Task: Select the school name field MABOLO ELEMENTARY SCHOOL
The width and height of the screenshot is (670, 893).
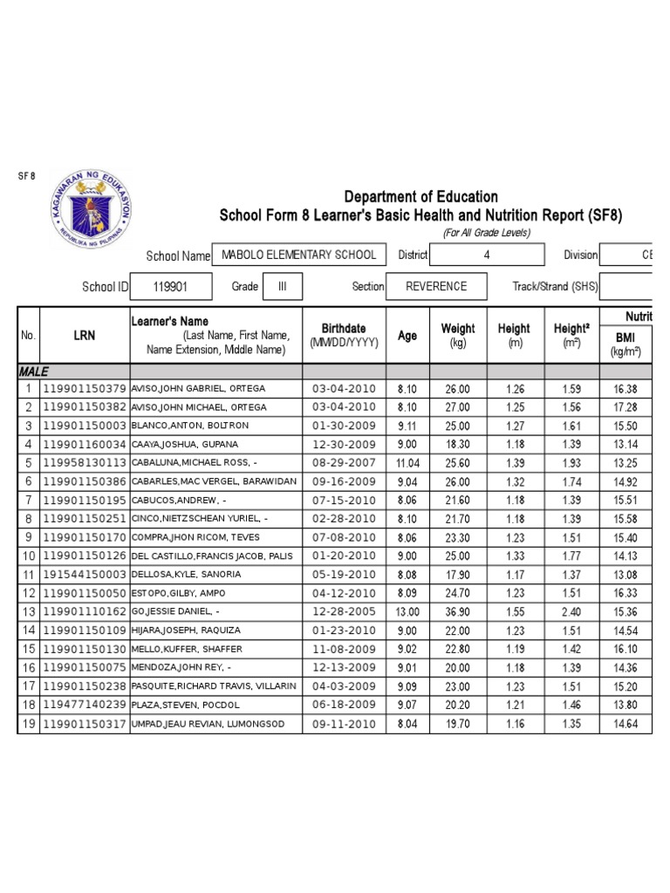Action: tap(299, 255)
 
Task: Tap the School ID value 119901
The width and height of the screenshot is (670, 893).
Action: tap(170, 286)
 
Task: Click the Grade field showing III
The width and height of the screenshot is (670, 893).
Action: tap(282, 286)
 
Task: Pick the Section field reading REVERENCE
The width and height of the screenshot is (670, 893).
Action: tap(436, 286)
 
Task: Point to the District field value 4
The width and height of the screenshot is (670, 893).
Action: tap(487, 255)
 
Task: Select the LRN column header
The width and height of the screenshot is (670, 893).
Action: tap(85, 335)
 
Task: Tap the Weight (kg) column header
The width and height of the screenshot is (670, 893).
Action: tap(458, 335)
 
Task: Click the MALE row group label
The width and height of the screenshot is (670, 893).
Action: tap(34, 372)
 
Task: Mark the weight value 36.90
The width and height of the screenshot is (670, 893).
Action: tap(458, 611)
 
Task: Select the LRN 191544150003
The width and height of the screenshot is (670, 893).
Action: tap(85, 575)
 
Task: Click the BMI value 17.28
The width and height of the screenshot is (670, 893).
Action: tap(626, 407)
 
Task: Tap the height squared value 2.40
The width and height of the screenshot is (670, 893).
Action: tap(571, 611)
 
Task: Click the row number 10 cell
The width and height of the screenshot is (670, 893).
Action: tap(28, 556)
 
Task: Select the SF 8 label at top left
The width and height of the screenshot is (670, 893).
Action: tap(26, 175)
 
